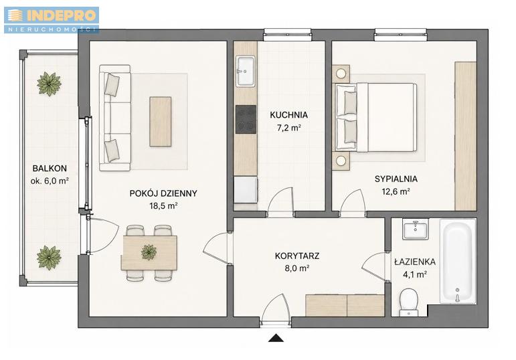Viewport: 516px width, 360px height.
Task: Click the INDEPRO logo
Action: [52, 20]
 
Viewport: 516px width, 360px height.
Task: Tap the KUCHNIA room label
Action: [288, 115]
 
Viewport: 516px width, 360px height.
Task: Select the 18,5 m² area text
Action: [163, 206]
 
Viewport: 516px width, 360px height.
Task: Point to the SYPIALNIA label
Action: [396, 179]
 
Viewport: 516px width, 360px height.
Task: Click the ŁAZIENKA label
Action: [415, 262]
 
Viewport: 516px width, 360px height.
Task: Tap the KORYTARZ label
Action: [297, 256]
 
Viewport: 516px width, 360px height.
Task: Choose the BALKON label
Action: [50, 169]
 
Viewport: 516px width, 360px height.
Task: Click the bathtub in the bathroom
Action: [458, 261]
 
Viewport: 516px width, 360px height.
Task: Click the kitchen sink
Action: [246, 71]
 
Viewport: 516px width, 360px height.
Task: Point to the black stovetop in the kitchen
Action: [246, 120]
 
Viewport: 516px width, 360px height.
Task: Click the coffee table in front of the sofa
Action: [160, 121]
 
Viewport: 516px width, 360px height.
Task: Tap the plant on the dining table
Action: [149, 252]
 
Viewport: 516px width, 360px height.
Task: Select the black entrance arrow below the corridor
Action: [276, 338]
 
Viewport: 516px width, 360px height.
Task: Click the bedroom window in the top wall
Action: [400, 35]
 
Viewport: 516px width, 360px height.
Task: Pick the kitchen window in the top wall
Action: [287, 35]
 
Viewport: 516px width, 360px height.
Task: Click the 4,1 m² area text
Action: [415, 274]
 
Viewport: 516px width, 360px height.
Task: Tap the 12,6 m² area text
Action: [396, 191]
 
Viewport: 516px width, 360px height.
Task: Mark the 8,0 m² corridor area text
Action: [297, 268]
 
